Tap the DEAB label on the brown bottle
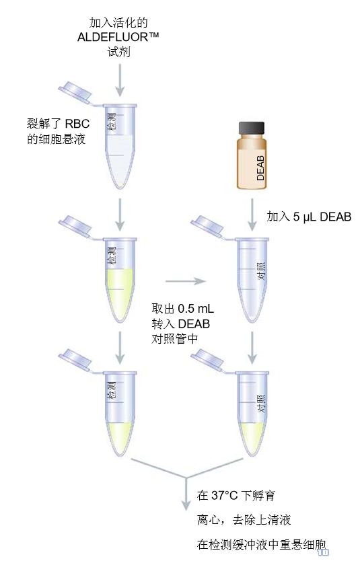click(260, 168)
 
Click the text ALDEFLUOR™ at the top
click(118, 37)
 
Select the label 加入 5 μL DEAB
click(309, 217)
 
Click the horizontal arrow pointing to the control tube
click(186, 281)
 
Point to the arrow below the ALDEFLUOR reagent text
click(120, 80)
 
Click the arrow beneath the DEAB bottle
click(252, 214)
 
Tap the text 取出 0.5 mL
click(183, 309)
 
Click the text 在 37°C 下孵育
click(236, 496)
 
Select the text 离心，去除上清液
click(244, 519)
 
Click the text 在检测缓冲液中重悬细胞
click(261, 544)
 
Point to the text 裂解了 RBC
click(58, 124)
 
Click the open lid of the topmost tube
click(75, 92)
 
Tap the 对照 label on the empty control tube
click(261, 271)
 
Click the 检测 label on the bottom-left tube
click(112, 391)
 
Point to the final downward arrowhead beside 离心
click(186, 504)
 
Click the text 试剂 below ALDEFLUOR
click(118, 52)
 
